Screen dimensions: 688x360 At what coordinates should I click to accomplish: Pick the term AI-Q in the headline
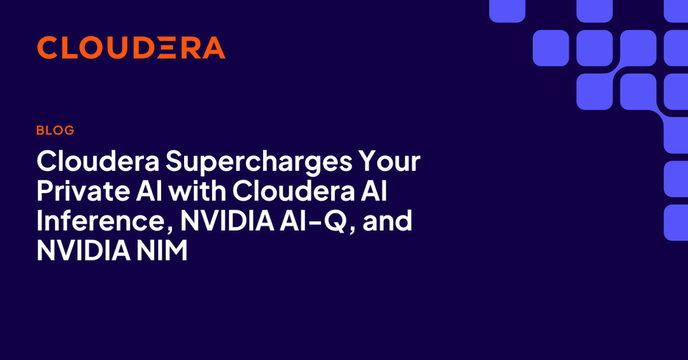click(314, 221)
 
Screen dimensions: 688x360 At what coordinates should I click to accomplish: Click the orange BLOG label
click(55, 130)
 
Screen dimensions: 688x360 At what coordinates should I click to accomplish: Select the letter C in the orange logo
click(48, 47)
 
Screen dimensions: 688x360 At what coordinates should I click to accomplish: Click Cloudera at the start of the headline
click(98, 161)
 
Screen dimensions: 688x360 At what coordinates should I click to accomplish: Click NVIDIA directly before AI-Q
click(227, 220)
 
